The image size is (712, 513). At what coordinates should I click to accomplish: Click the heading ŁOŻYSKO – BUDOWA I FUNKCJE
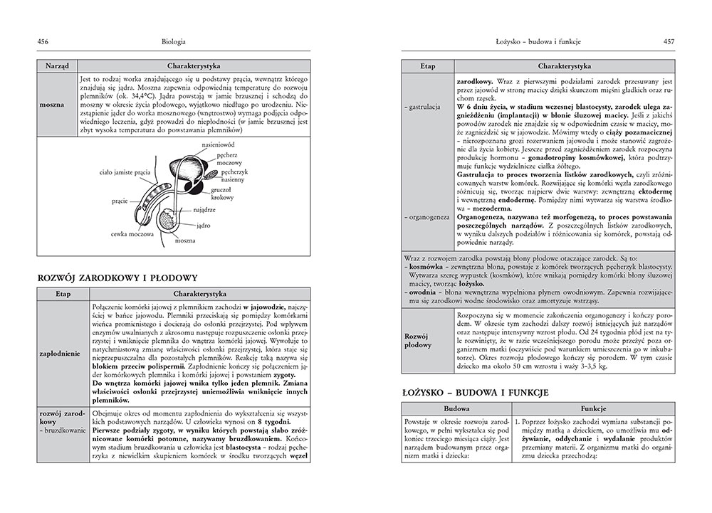coord(483,393)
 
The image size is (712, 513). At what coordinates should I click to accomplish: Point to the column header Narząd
coord(57,64)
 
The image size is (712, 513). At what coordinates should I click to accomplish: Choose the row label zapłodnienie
coord(61,351)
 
